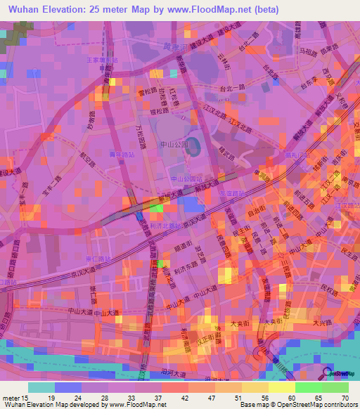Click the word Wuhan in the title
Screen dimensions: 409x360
[23, 10]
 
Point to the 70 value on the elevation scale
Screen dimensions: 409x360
[345, 398]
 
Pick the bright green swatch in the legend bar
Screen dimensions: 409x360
[308, 387]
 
